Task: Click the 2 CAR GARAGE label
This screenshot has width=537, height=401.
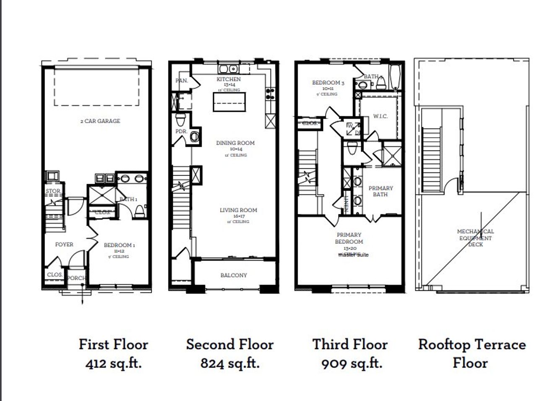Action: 100,121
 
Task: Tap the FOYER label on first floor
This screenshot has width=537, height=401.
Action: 64,245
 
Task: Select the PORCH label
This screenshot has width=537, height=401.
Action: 77,278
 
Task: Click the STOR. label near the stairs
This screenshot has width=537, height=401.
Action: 53,191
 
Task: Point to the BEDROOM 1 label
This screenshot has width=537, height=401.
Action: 119,245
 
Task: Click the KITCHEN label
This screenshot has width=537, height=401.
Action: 229,79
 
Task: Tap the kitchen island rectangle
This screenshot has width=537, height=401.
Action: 229,102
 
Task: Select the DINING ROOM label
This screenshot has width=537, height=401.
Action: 235,143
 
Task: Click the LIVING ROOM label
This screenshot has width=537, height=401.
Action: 238,210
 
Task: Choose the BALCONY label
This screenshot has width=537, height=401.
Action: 234,276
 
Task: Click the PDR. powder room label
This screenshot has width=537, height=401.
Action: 181,131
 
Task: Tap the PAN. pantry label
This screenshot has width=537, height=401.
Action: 181,81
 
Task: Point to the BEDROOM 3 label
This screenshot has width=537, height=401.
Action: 328,83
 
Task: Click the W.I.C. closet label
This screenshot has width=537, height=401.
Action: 380,116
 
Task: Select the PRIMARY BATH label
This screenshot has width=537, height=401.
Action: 381,191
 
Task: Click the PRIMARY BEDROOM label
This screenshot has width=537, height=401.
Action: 349,238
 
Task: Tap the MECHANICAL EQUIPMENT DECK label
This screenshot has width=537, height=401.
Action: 475,238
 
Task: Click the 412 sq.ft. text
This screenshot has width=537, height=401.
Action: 113,363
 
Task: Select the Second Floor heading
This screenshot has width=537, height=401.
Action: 230,344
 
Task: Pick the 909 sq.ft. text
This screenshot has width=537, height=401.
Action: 352,363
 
